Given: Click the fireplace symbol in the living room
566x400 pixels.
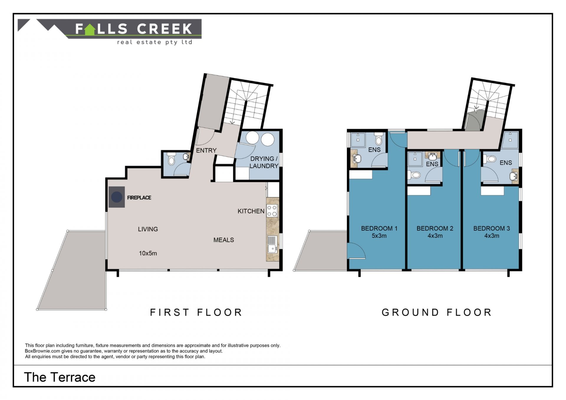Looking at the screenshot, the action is (116, 197).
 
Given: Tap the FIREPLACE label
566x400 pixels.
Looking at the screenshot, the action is (139, 198).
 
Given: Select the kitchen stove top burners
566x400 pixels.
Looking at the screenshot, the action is (272, 210).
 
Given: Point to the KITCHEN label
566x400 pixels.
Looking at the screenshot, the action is (251, 211).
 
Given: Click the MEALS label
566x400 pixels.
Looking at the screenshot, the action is (223, 240).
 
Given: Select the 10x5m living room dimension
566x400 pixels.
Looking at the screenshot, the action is (148, 253).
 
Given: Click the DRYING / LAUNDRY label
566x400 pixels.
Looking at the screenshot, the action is (264, 162).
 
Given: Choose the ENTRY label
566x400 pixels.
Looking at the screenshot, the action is (206, 150).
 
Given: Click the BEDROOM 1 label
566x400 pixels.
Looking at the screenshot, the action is (379, 228).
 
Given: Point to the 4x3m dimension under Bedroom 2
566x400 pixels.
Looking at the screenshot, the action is (435, 236).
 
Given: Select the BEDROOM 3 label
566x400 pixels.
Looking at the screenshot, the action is (491, 228).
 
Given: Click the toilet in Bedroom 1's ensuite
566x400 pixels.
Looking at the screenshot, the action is (379, 139).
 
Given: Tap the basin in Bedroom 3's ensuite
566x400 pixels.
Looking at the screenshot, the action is (514, 177).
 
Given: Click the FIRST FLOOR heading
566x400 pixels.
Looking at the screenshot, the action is (196, 312).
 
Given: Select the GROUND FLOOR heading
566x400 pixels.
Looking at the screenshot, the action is (437, 312).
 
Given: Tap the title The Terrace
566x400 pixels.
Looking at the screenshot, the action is (60, 377).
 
